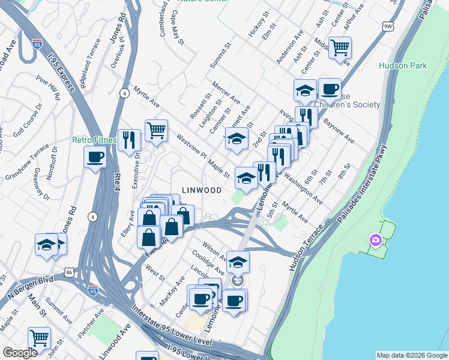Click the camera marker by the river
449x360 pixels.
[376, 241]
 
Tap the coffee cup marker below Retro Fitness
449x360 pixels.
[95, 158]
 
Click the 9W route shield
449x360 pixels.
[388, 26]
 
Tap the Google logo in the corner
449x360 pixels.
[20, 353]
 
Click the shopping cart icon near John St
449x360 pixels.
[39, 337]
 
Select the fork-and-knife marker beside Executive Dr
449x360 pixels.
[129, 140]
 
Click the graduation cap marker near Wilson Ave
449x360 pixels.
[238, 262]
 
